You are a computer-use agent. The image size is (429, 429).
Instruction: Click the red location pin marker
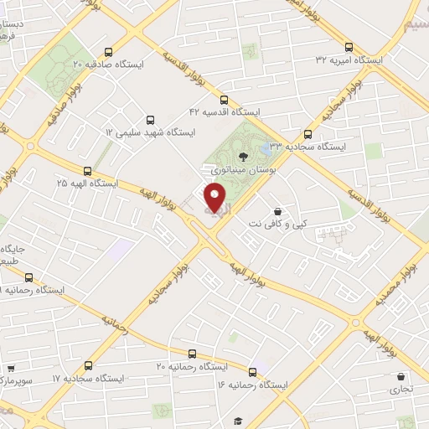tap(215, 197)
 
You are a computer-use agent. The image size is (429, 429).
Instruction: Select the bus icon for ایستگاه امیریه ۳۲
tap(349, 47)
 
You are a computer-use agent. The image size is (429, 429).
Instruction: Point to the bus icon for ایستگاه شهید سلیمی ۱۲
tap(150, 120)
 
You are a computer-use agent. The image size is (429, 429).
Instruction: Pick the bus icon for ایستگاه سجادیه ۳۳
tap(308, 133)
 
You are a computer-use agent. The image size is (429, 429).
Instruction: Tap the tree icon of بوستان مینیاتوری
tap(243, 156)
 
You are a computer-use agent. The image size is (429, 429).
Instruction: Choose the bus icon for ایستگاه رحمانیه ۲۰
tap(192, 354)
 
